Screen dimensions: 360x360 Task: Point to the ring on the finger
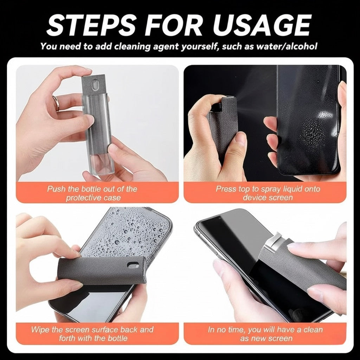click(x=56, y=103)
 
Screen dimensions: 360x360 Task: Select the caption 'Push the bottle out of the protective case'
click(x=92, y=193)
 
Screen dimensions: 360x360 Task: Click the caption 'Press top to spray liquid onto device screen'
click(x=268, y=193)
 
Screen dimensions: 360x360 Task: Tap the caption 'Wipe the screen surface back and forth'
click(x=92, y=334)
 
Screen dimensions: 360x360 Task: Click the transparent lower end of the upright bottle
click(x=99, y=165)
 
